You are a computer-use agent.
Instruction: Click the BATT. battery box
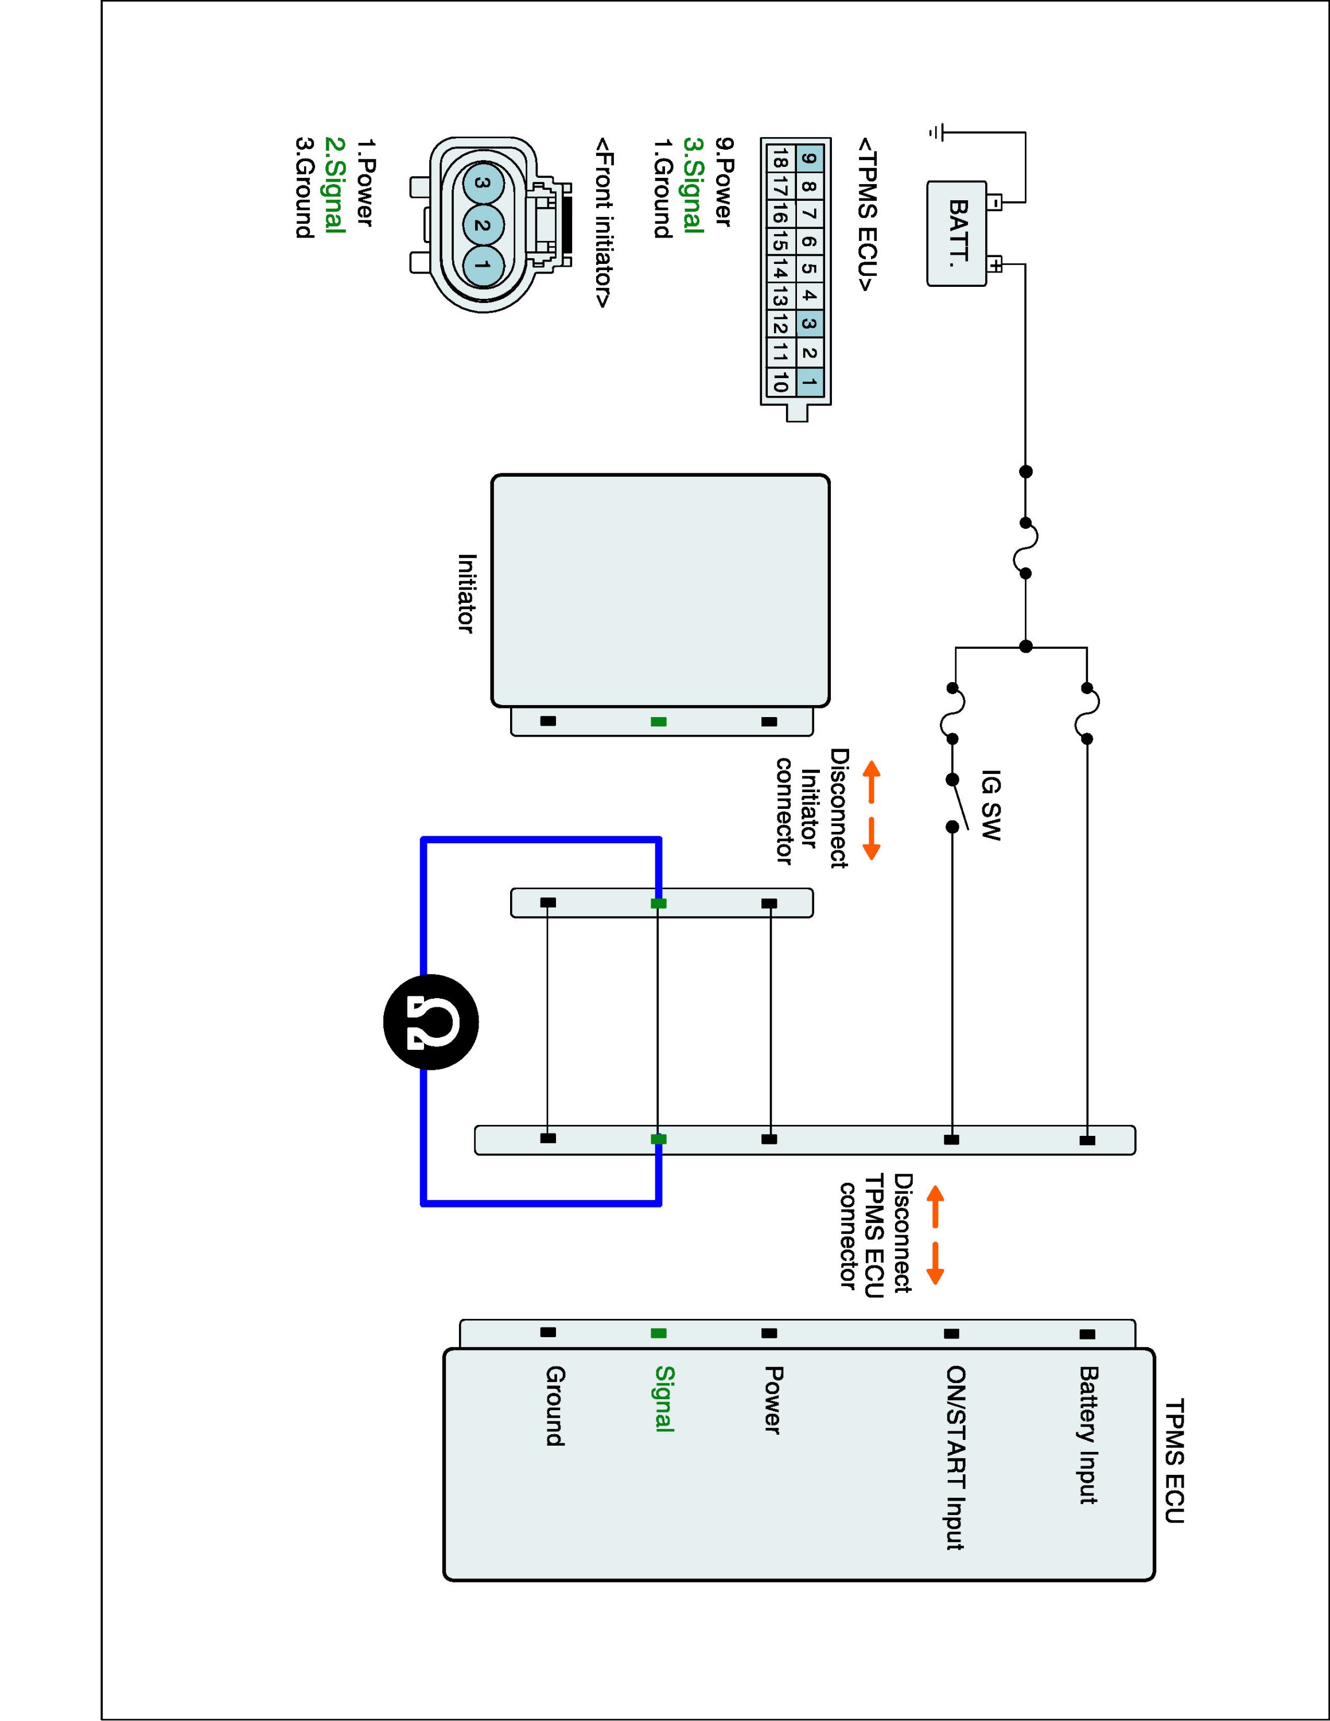point(956,233)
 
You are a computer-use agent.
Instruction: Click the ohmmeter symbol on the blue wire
point(431,1022)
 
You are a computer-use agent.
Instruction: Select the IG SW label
point(991,805)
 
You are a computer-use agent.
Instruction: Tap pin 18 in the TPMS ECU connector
point(779,160)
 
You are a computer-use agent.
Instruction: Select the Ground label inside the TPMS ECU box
point(555,1406)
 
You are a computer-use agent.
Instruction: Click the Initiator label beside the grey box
point(467,593)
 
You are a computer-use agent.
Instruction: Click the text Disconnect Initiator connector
point(811,808)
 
